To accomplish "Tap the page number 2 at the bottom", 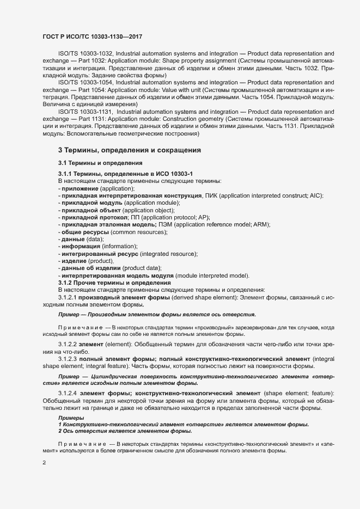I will tap(43, 463).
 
